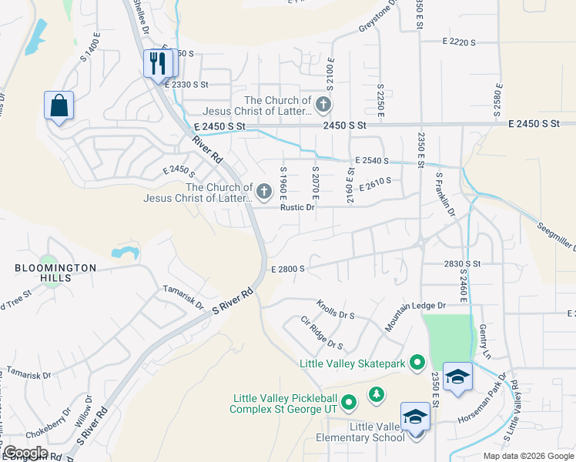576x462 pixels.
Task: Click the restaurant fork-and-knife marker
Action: click(158, 64)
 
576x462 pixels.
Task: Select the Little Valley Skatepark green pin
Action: click(417, 361)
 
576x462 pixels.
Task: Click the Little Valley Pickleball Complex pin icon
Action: click(348, 402)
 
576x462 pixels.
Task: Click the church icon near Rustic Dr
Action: click(264, 191)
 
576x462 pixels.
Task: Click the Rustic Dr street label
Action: click(298, 207)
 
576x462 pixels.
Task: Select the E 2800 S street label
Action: click(289, 269)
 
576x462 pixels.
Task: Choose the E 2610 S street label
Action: click(375, 182)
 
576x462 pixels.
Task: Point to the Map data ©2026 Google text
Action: click(527, 456)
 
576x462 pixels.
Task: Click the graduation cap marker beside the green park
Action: click(457, 377)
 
